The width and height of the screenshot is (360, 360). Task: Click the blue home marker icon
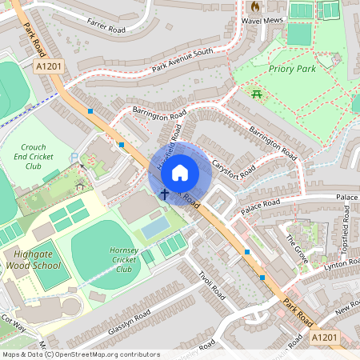(180, 171)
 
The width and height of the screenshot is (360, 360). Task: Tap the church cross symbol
(165, 194)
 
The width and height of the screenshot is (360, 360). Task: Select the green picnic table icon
(258, 95)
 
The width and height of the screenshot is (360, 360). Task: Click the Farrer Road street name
(106, 29)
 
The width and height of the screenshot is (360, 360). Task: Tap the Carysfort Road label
(234, 170)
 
